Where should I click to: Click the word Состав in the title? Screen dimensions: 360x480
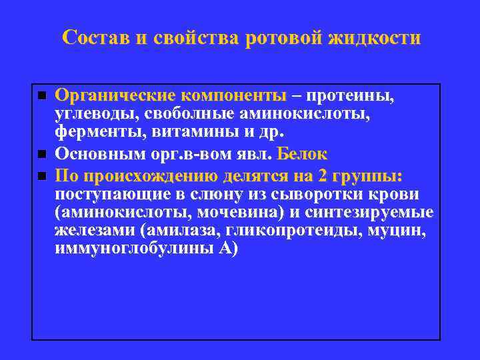point(95,37)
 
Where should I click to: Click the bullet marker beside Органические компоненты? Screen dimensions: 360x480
point(41,97)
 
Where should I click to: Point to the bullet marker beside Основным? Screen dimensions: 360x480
point(41,155)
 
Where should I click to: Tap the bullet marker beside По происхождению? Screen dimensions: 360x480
point(41,176)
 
